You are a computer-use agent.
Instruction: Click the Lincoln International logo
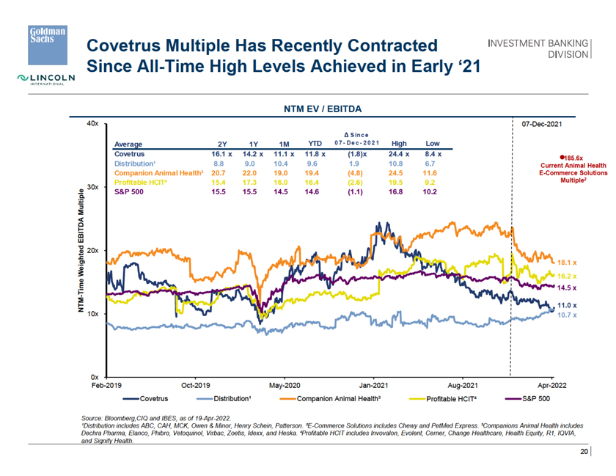pos(45,79)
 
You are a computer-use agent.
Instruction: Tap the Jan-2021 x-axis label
pos(374,384)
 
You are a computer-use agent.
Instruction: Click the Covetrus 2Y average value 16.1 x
pos(221,154)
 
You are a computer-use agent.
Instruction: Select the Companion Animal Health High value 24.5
pos(399,172)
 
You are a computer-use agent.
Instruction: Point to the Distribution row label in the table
pos(136,164)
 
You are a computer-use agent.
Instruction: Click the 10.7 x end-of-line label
pos(568,315)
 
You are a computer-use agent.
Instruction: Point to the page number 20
pos(584,452)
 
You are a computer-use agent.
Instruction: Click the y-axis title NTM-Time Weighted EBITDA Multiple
pos(81,251)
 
